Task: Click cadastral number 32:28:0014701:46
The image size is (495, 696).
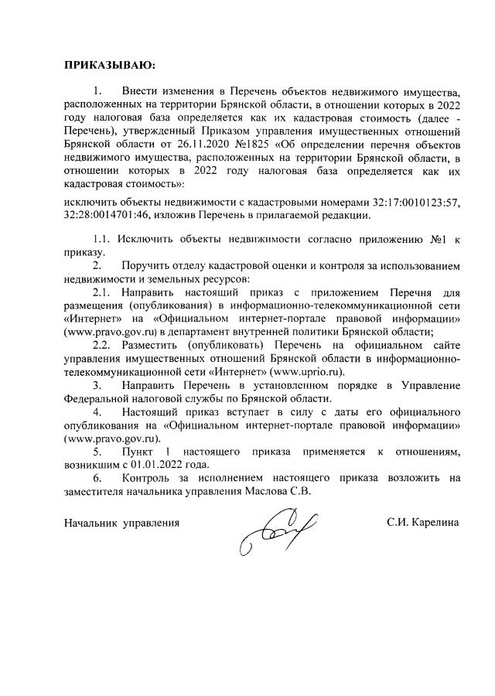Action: coord(104,215)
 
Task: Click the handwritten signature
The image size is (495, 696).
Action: coord(274,530)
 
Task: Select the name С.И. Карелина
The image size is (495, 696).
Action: coord(423,522)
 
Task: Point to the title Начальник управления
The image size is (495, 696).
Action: coord(121,522)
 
